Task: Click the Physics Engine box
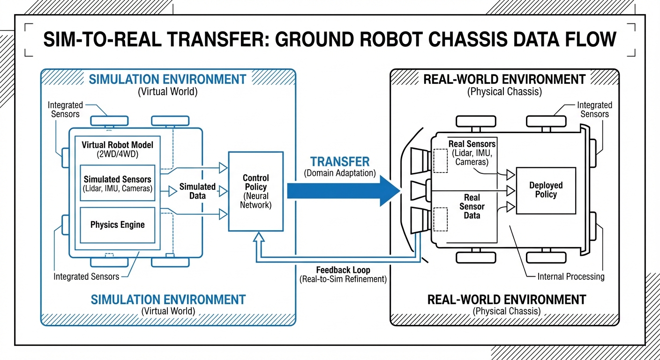tap(117, 225)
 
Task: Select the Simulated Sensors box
tap(117, 184)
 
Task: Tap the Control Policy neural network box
tap(255, 191)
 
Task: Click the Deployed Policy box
tap(546, 190)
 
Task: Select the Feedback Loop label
tap(343, 270)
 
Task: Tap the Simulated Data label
tap(197, 191)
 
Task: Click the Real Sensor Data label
tap(472, 207)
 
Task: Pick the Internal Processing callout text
tap(571, 277)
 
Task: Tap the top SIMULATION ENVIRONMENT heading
tap(167, 79)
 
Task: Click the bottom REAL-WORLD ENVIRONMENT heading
tap(506, 299)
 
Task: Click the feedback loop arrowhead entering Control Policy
tap(256, 237)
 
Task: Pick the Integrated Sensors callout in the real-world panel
tap(594, 110)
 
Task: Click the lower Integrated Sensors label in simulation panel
tap(86, 277)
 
